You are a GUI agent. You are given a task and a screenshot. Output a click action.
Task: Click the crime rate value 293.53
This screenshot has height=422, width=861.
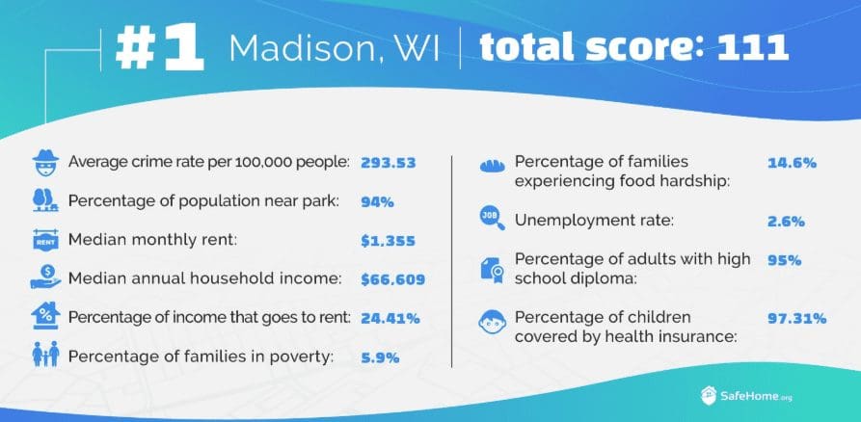(x=389, y=162)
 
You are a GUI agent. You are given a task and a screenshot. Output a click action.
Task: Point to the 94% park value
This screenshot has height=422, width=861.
(x=377, y=201)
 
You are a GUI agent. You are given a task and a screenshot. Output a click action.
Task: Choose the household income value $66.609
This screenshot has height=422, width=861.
(x=393, y=279)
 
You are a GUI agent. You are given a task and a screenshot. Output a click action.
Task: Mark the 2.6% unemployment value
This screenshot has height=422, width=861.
(x=785, y=221)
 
